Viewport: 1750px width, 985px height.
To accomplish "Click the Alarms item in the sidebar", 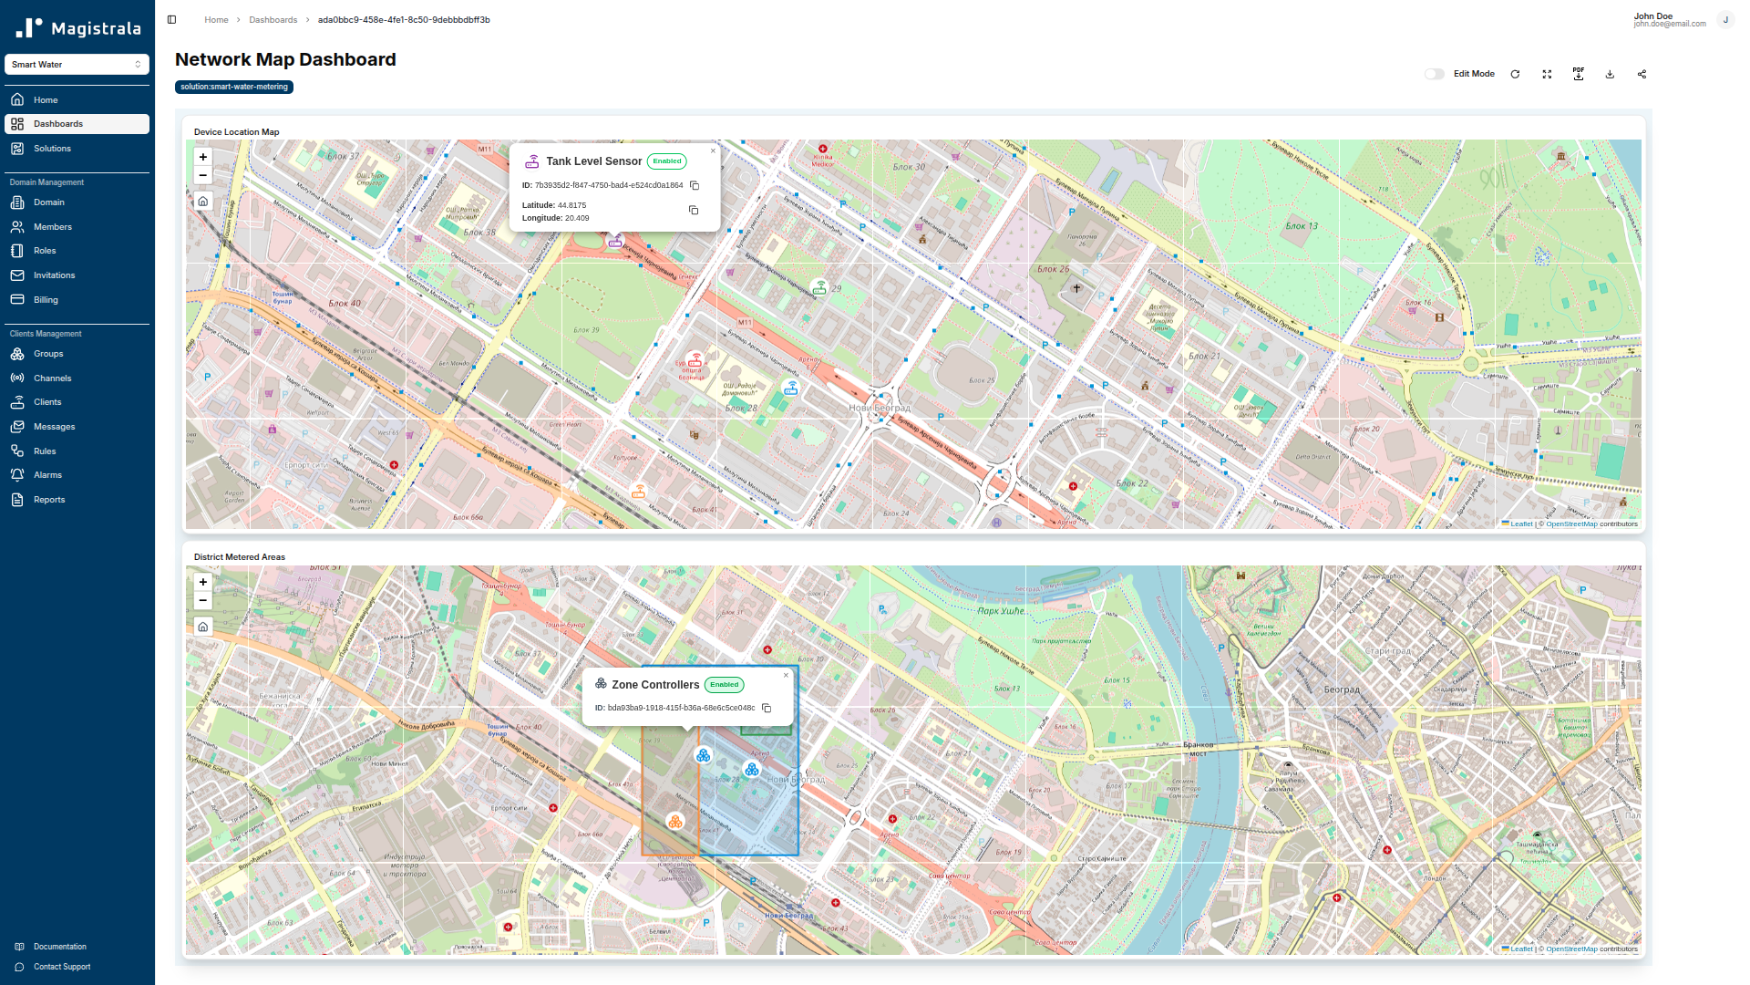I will [x=47, y=475].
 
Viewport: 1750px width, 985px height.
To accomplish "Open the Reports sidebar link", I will [x=49, y=500].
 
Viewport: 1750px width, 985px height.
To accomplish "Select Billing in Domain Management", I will [x=46, y=300].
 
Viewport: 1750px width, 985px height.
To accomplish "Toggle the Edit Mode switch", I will [x=1434, y=74].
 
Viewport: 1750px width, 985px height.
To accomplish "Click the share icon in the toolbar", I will [x=1642, y=74].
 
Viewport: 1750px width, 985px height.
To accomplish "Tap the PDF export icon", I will [x=1579, y=74].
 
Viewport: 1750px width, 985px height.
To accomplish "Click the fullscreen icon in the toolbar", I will [x=1547, y=74].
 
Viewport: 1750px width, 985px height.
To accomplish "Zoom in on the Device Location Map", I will [x=203, y=157].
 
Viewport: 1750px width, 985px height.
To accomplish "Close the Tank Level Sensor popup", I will [x=713, y=151].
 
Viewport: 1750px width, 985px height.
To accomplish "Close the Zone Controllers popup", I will [x=786, y=676].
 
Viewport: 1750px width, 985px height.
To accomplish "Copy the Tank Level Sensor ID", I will [x=695, y=185].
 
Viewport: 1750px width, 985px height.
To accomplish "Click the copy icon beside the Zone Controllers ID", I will [x=767, y=708].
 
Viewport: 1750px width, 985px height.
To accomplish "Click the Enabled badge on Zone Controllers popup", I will [x=724, y=685].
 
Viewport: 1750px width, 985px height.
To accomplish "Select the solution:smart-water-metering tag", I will [x=234, y=87].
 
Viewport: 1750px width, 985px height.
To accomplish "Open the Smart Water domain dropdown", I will [x=77, y=65].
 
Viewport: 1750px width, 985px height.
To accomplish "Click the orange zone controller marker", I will [x=674, y=822].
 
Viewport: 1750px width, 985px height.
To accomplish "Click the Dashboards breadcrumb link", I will [x=273, y=20].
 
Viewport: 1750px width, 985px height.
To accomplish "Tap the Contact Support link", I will [x=62, y=967].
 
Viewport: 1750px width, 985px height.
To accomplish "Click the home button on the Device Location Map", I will [x=203, y=202].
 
